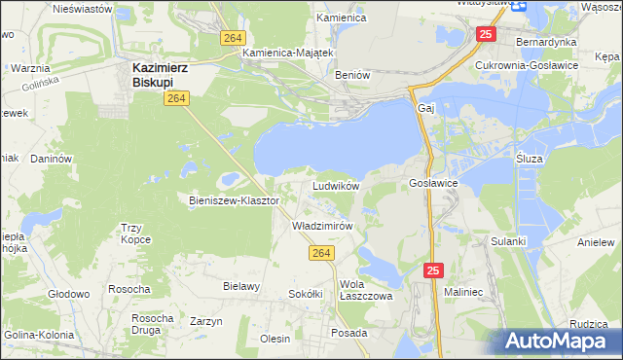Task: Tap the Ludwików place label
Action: [x=336, y=185]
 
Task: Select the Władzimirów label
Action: [x=321, y=225]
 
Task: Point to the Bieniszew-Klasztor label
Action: [x=234, y=200]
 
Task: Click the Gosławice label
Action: [x=433, y=183]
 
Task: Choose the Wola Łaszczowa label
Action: [x=365, y=291]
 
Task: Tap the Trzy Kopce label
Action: [x=137, y=234]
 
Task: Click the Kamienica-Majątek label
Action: [x=288, y=53]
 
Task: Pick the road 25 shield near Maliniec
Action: [x=433, y=270]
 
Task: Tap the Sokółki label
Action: [x=306, y=293]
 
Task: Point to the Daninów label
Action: [x=52, y=158]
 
